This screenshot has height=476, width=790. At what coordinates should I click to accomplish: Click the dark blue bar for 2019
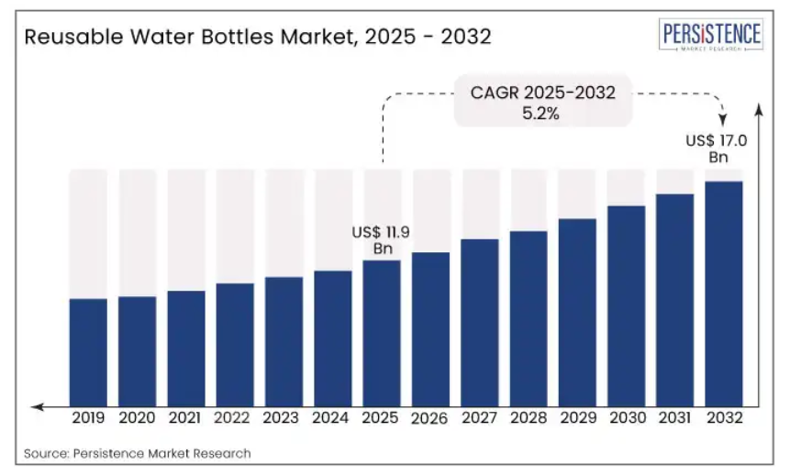coord(88,351)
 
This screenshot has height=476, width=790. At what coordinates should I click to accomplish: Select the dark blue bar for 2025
coord(381,332)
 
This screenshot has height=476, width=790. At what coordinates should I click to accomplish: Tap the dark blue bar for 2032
coord(723,293)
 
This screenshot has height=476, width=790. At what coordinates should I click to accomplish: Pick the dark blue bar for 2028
coord(528,317)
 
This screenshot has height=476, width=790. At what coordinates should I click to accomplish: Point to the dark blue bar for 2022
coord(235,344)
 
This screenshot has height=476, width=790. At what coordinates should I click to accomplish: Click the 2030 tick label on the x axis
coord(626,417)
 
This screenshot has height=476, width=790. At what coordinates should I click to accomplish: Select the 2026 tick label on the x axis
coord(429,418)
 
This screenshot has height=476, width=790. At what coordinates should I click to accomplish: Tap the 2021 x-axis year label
coord(186,417)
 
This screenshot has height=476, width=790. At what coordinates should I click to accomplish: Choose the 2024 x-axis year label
coord(332,417)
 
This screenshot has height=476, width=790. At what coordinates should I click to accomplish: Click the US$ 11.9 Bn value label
coord(381,240)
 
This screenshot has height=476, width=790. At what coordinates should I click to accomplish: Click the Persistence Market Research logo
coord(711,37)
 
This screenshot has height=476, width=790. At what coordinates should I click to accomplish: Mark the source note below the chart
coord(138,453)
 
